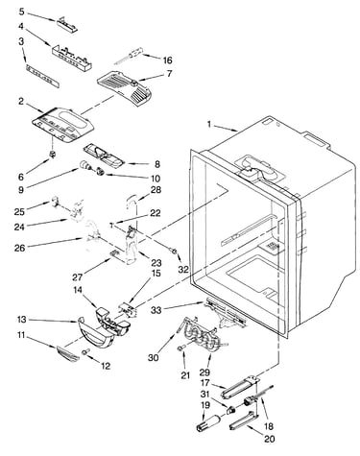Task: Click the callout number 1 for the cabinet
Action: pyautogui.click(x=209, y=124)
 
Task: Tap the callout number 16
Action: pyautogui.click(x=167, y=60)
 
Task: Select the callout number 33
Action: pyautogui.click(x=156, y=309)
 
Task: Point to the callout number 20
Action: pyautogui.click(x=270, y=439)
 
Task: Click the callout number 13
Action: pyautogui.click(x=22, y=320)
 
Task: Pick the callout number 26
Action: pyautogui.click(x=20, y=248)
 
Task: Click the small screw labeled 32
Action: pyautogui.click(x=175, y=252)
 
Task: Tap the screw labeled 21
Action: pyautogui.click(x=180, y=348)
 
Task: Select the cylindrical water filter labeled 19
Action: pyautogui.click(x=208, y=423)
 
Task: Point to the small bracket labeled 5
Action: pyautogui.click(x=67, y=24)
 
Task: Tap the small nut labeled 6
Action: pyautogui.click(x=52, y=154)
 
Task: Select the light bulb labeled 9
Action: pyautogui.click(x=84, y=165)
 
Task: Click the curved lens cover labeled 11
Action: pyautogui.click(x=68, y=354)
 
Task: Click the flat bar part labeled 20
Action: pyautogui.click(x=243, y=420)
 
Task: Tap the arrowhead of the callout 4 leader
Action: pyautogui.click(x=50, y=44)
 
